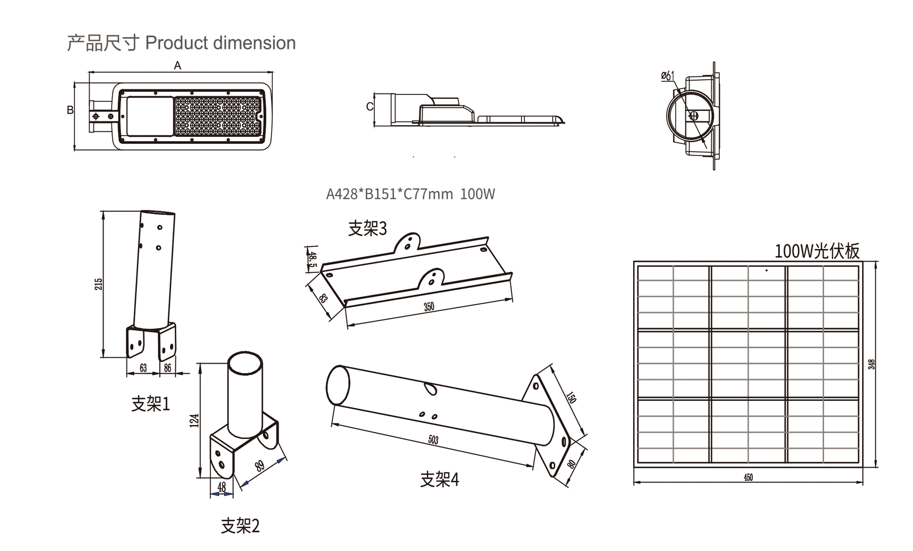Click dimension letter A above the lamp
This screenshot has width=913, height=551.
pos(177,65)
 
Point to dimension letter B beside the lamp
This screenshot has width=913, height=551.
pos(70,110)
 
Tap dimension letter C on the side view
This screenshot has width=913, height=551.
pos(369,107)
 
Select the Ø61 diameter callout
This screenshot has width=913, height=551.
pos(667,76)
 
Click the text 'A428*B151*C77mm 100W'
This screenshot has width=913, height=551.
pos(410,194)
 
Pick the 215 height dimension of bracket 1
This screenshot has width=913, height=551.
pos(99,283)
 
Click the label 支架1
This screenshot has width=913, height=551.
pos(150,404)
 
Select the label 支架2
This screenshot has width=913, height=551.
pos(240,526)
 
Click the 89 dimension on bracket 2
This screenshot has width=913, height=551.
pos(260,466)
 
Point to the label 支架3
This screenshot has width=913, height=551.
pos(367,228)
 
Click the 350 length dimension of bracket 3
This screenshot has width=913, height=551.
pos(429,307)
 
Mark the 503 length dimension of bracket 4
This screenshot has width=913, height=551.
pos(433,440)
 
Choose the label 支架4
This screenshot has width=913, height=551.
pos(439,479)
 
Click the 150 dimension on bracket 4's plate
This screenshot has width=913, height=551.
pos(571,398)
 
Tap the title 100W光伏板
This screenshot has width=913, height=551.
pos(816,251)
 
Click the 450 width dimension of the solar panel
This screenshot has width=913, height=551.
pos(748,477)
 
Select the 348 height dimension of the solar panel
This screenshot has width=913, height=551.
pos(871,364)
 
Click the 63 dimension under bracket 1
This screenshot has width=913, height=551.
pos(143,368)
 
